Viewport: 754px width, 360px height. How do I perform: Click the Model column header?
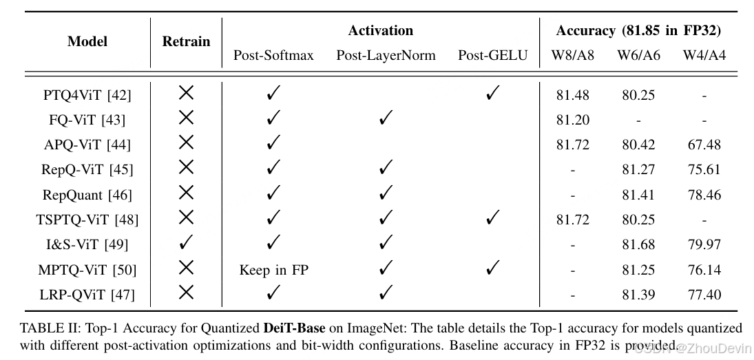[x=87, y=42]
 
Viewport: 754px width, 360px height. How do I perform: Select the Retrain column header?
[x=186, y=42]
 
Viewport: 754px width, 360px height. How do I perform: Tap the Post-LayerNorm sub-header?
[x=386, y=56]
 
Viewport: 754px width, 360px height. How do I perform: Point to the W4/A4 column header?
[x=704, y=56]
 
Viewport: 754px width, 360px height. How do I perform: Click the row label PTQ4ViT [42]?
[x=87, y=95]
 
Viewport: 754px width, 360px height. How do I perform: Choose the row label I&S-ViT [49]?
[x=87, y=244]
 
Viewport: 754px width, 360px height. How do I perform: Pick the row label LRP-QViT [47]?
[x=87, y=295]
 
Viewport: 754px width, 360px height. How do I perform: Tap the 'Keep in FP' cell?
[x=273, y=270]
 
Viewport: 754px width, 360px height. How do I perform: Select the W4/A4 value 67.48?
[x=704, y=145]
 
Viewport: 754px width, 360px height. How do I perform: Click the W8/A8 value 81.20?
[x=573, y=120]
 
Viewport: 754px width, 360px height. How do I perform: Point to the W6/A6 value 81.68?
[x=639, y=244]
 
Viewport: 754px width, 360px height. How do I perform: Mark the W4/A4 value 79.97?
[x=704, y=244]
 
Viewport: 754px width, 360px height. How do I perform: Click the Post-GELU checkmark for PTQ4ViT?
[x=492, y=94]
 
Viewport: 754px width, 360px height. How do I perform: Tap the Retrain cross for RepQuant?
[x=186, y=194]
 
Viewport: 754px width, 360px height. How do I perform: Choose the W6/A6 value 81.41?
[x=639, y=195]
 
